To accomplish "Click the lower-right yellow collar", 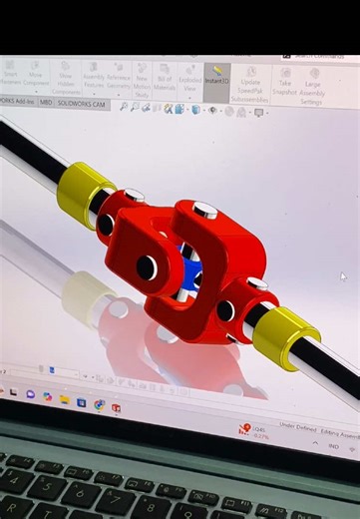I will (284, 336).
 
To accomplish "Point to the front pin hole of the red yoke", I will (147, 267).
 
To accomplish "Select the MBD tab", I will (44, 103).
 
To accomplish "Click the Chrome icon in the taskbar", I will (99, 404).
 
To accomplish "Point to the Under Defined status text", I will (295, 425).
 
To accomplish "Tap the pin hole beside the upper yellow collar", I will (105, 224).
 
